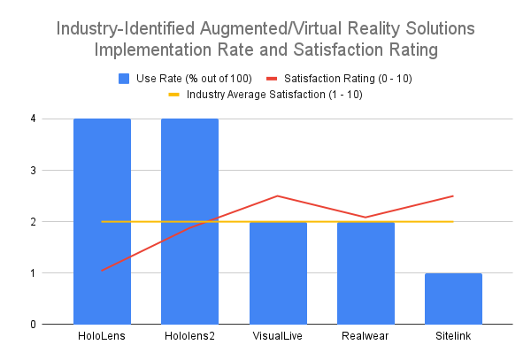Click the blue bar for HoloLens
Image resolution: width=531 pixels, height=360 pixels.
point(102,221)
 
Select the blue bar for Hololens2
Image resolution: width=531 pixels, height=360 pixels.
point(189,221)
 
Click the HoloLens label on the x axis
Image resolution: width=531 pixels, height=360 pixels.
point(102,339)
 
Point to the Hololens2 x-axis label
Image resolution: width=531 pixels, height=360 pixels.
point(189,339)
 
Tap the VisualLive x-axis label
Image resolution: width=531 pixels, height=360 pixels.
point(277,339)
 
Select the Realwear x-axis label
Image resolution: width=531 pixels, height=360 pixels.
point(365,339)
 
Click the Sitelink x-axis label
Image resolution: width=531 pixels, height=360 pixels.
point(453,339)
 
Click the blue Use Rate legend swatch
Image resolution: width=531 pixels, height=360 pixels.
point(125,78)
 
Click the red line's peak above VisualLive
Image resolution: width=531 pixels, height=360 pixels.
point(277,195)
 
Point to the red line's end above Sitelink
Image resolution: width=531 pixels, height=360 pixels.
point(453,195)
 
